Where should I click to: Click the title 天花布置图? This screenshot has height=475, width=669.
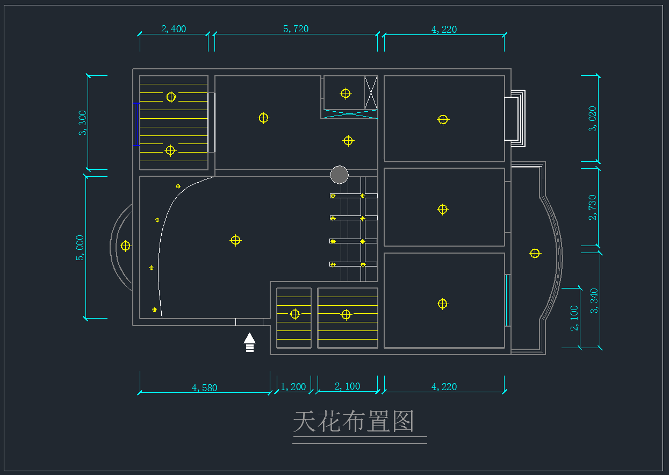(354, 422)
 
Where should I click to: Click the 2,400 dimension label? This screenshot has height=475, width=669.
(174, 29)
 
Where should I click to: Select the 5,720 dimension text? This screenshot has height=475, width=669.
(296, 29)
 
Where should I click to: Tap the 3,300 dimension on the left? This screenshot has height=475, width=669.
(83, 123)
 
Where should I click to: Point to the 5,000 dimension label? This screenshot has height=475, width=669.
(80, 248)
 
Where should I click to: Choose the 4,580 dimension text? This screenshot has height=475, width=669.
(204, 387)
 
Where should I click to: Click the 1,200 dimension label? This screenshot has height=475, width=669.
(293, 387)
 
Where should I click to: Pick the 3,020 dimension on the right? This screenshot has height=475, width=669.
(593, 119)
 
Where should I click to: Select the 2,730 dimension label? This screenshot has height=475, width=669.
(593, 207)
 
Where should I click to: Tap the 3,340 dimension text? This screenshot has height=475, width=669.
(594, 301)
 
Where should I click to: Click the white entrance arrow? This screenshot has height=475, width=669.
(249, 342)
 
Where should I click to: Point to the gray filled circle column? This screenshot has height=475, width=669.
(339, 175)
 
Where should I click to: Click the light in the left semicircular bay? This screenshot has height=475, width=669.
(126, 246)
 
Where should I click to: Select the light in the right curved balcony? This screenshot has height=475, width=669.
(535, 254)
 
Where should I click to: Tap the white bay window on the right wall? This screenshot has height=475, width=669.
(514, 118)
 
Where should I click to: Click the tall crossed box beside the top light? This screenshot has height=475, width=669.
(371, 92)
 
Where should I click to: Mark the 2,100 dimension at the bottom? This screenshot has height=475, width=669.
(347, 386)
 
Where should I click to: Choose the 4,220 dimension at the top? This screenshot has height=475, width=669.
(444, 29)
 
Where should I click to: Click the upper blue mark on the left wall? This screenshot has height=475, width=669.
(136, 103)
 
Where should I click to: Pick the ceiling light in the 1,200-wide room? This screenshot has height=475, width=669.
(294, 314)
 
